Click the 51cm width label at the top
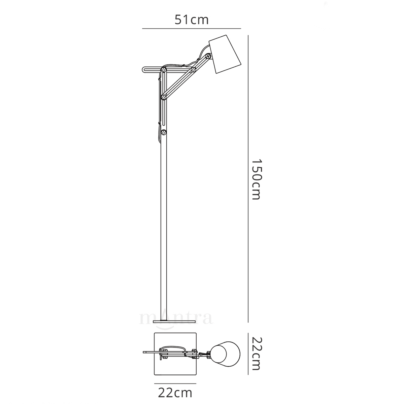(192, 20)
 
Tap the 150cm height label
(257, 179)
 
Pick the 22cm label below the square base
(175, 392)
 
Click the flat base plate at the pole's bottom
(174, 322)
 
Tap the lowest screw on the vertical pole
(164, 132)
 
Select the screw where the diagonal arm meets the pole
(164, 97)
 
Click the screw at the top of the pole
(164, 70)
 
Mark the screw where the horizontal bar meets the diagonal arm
(194, 70)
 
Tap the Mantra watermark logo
(176, 318)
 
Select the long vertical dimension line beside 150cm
(248, 179)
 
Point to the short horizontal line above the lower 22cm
(175, 383)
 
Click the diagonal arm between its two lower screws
(178, 83)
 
